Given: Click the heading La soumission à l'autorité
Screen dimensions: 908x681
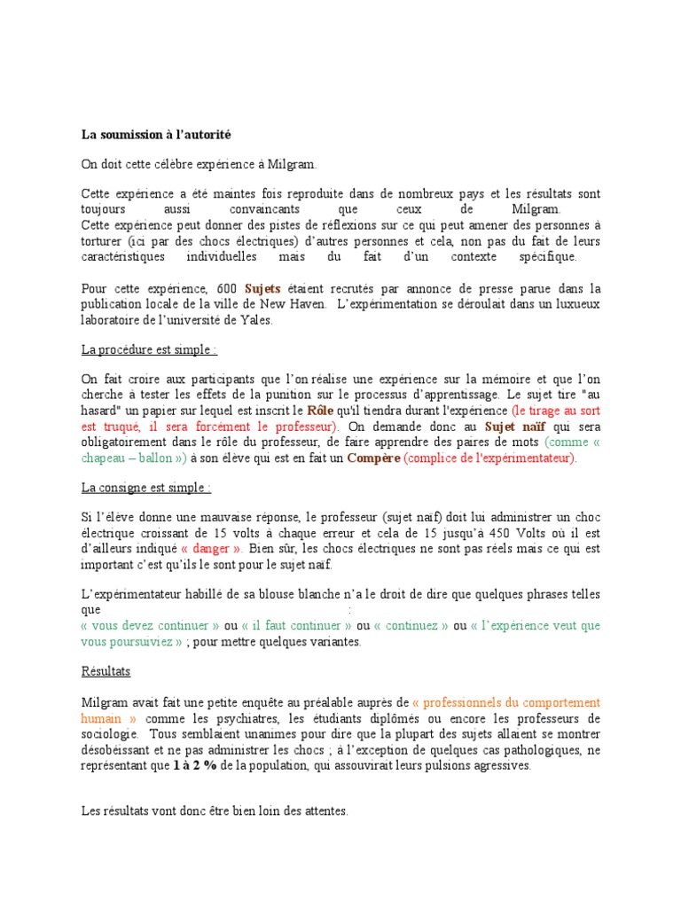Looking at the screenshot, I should point(155,135).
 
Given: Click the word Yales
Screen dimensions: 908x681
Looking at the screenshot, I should point(256,320).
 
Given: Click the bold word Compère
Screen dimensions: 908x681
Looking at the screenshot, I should point(372,458).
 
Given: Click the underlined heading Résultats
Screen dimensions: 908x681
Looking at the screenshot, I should point(106,672).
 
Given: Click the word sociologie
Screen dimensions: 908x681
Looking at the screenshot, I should point(110,734).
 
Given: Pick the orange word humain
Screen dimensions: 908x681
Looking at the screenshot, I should point(103,718).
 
